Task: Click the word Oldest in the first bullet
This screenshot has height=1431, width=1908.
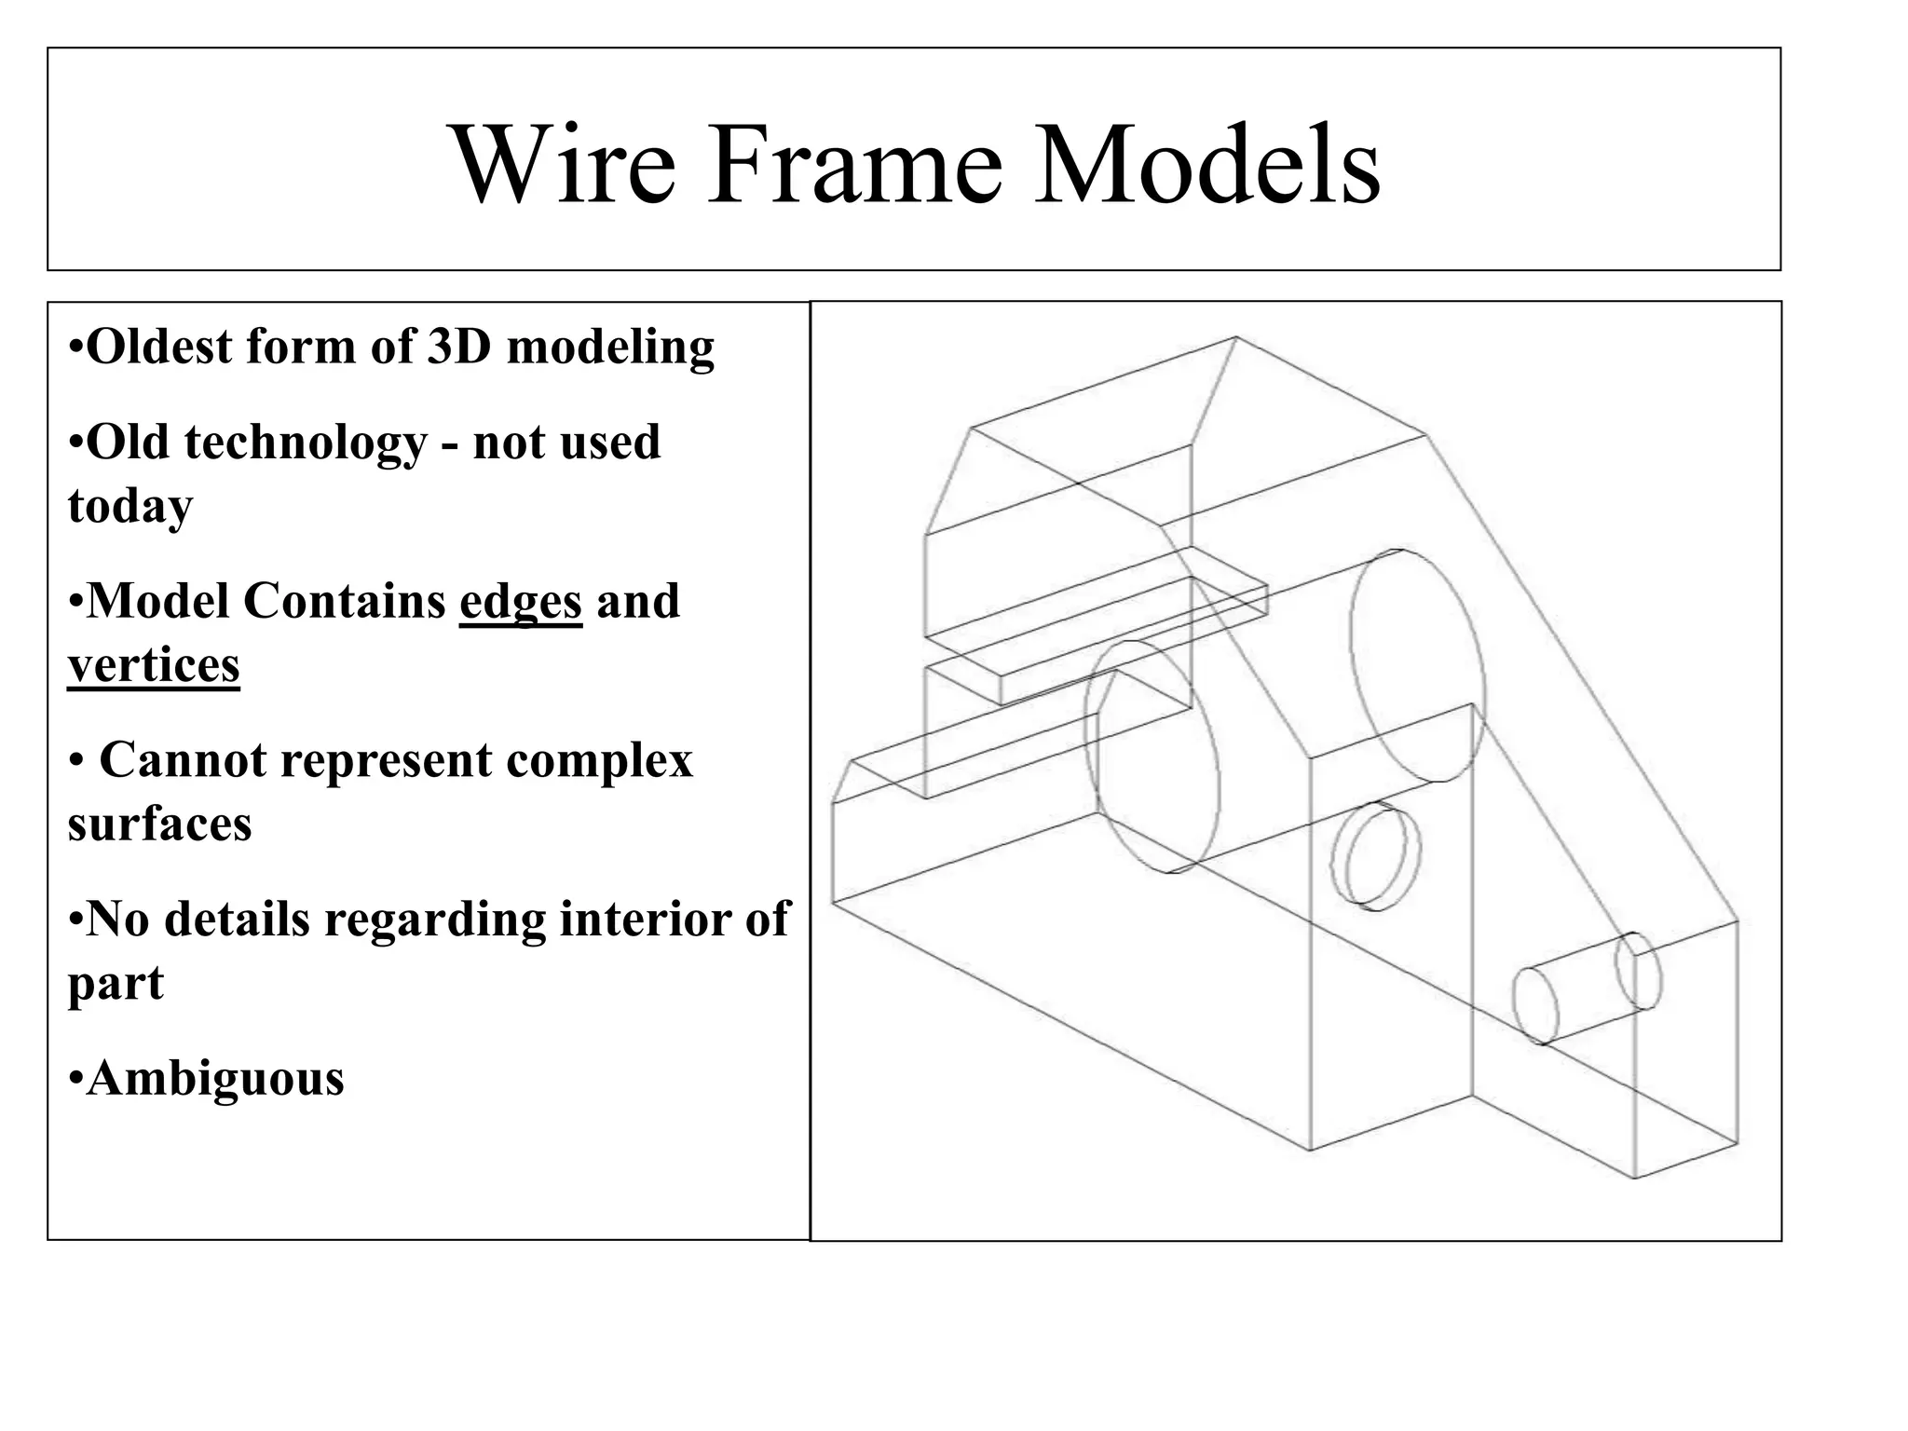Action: coord(159,347)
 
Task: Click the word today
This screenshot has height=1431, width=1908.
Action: coord(130,507)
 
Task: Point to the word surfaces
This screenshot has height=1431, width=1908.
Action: coord(159,825)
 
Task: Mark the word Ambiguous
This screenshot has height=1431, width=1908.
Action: coord(215,1079)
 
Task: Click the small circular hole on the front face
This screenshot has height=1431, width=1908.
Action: coord(1376,856)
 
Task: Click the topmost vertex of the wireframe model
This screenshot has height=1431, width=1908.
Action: coord(1236,337)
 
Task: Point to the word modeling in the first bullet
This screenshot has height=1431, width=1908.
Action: coord(610,348)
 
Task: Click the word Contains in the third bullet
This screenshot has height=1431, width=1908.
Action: coord(344,601)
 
